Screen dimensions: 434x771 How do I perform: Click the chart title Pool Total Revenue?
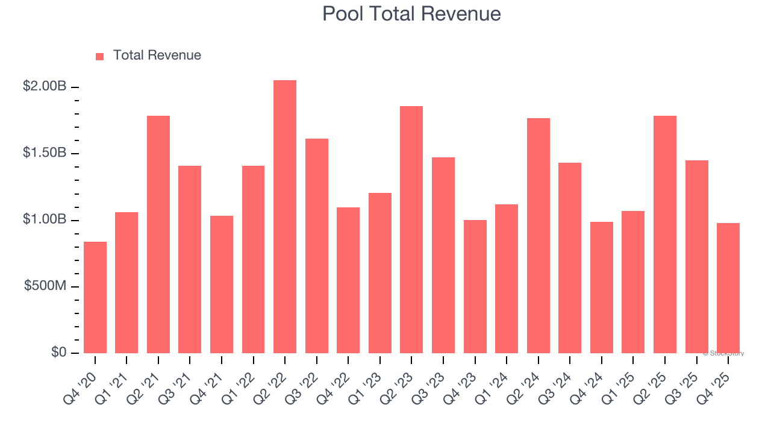(x=411, y=13)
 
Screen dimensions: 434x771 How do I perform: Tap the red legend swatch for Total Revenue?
(x=99, y=56)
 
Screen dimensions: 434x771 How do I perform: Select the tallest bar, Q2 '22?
(x=285, y=217)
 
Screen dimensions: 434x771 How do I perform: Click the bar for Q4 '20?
(x=95, y=297)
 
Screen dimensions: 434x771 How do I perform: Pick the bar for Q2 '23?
(x=411, y=230)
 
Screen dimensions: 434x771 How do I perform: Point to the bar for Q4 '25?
(x=728, y=288)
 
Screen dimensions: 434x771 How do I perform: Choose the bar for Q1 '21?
(x=126, y=283)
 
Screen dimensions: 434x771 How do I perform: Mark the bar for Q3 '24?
(x=570, y=258)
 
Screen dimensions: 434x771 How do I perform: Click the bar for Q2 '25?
(x=665, y=234)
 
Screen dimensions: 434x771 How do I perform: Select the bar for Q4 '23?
(x=475, y=286)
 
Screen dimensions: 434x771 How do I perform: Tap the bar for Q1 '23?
(x=380, y=273)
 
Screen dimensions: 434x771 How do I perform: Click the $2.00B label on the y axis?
(x=45, y=87)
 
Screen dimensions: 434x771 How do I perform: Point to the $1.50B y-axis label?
(x=45, y=153)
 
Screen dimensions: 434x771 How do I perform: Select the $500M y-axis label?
(x=45, y=286)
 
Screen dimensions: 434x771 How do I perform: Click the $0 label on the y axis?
(x=58, y=353)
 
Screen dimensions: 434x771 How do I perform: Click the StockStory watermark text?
(x=723, y=353)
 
